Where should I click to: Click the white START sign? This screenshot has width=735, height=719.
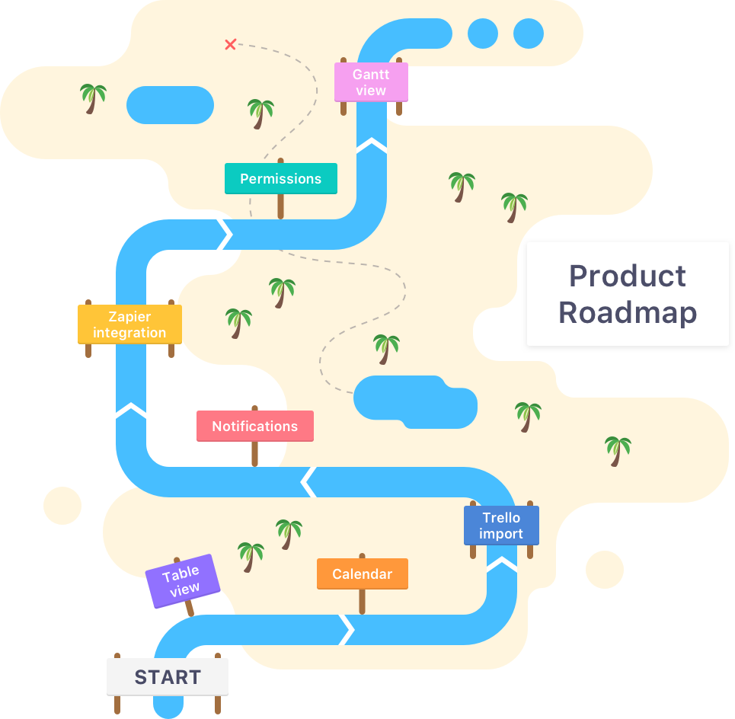(x=167, y=677)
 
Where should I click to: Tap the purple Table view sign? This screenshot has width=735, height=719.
(x=183, y=580)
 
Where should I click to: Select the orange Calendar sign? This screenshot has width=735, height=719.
(x=362, y=574)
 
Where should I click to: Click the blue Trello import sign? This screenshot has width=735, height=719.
(x=501, y=526)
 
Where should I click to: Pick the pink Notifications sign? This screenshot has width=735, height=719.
(x=254, y=426)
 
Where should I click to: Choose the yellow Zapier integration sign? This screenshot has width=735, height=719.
(x=129, y=324)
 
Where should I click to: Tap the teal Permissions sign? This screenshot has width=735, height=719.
(x=280, y=178)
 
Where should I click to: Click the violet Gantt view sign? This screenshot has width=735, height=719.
(x=371, y=82)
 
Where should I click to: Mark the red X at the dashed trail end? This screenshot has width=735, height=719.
(x=230, y=45)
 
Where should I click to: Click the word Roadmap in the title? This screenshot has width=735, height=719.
(x=627, y=312)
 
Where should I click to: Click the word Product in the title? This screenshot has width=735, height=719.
(x=627, y=276)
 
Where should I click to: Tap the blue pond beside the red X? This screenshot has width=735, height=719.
(x=170, y=105)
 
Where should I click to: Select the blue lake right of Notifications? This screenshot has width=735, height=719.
(x=414, y=401)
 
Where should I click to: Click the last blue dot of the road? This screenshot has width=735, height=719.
(x=528, y=34)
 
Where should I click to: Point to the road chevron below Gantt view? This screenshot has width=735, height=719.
(x=371, y=145)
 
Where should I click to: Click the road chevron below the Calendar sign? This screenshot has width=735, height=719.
(x=347, y=629)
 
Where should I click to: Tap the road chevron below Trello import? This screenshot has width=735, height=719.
(x=501, y=564)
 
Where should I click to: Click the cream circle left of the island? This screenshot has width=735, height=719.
(x=62, y=506)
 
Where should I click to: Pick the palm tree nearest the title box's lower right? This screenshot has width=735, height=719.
(x=618, y=449)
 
